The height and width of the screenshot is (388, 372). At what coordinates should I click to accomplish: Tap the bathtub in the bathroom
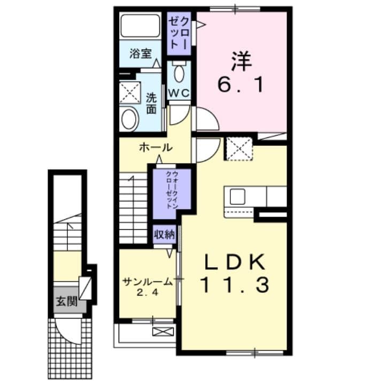(141, 26)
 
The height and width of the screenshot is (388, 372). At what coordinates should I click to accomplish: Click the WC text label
(180, 92)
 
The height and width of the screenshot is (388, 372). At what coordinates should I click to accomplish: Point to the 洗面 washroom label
(151, 104)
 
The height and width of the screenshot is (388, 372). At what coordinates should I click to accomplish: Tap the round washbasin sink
(129, 119)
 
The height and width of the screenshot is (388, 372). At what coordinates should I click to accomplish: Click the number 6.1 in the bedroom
(240, 84)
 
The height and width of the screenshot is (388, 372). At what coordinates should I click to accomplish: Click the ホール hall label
(155, 148)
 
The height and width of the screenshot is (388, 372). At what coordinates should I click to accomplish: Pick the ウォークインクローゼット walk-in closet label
(170, 190)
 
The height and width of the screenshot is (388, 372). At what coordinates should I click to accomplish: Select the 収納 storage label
(165, 234)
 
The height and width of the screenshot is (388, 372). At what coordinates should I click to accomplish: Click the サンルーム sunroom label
(148, 282)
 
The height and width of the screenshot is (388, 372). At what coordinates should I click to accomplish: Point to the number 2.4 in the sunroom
(148, 293)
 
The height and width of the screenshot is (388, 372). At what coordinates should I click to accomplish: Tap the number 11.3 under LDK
(234, 286)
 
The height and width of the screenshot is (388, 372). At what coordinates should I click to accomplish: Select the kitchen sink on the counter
(237, 197)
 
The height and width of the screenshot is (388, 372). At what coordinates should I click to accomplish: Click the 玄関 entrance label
(67, 301)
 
